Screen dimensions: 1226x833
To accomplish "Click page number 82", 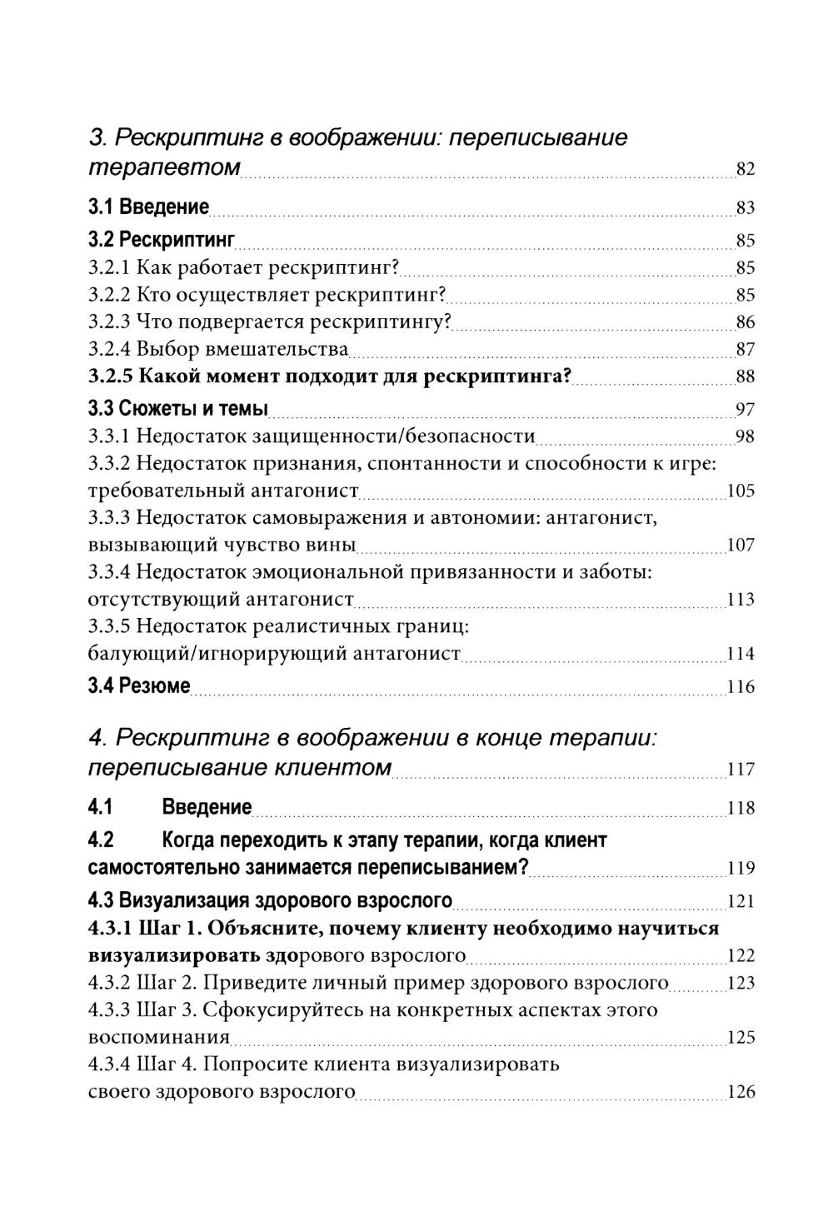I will pos(745,170).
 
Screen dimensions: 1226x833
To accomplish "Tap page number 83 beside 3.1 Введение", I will pos(745,208).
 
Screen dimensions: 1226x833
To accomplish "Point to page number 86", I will pos(745,322).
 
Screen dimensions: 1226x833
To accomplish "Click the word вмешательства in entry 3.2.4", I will pos(277,349).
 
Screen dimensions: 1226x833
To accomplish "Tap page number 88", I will pos(745,376).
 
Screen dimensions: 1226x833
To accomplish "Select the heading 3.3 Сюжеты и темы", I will pos(178,409).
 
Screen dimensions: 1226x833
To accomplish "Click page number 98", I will pos(745,436).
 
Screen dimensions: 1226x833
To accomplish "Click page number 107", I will pos(741,546).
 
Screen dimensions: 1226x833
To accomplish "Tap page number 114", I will pos(741,654).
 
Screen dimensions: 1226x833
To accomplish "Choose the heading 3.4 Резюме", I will pos(139,686).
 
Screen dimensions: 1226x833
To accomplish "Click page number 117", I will pos(741,770).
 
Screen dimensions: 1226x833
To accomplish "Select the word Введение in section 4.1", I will pos(207,807).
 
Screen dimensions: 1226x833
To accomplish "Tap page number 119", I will pos(741,869).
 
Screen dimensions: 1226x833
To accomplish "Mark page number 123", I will pos(741,983).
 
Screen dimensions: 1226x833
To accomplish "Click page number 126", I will pos(741,1092).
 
